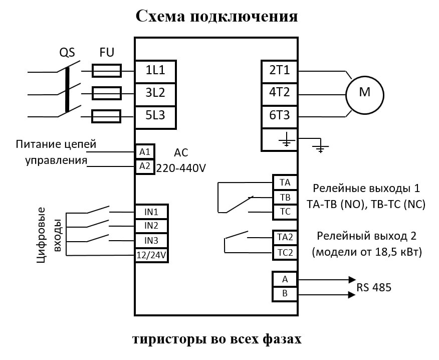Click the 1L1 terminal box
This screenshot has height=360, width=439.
(155, 71)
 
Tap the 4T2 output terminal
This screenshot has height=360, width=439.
(279, 93)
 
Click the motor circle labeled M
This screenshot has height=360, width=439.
(364, 94)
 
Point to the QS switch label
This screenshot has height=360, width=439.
(67, 53)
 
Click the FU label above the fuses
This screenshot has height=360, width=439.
(107, 53)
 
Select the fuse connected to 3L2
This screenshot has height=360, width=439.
(106, 94)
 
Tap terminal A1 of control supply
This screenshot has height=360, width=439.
(145, 152)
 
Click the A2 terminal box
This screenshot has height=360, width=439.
(145, 166)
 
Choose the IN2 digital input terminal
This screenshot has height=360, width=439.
(151, 226)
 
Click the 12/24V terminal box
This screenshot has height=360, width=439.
(151, 256)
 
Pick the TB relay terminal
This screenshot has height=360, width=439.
(285, 197)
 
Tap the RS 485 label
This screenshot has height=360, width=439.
(374, 288)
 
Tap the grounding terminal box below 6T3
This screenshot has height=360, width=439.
(279, 139)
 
